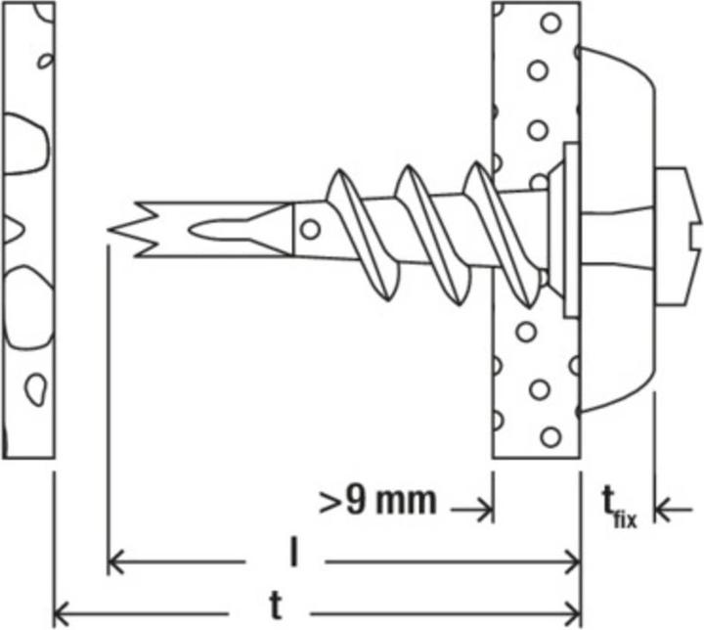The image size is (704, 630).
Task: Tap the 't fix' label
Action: [x=620, y=508]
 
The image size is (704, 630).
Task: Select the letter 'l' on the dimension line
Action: [x=293, y=553]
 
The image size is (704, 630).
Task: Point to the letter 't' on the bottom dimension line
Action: [x=277, y=606]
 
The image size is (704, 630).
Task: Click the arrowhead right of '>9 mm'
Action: [x=486, y=510]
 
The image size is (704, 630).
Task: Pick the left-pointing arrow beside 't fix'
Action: [x=674, y=510]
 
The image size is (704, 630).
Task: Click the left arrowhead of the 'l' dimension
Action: [x=115, y=562]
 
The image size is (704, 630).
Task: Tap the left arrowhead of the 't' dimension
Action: [x=62, y=613]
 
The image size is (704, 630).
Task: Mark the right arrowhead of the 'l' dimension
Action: [x=573, y=562]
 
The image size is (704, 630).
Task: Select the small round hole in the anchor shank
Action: [x=310, y=230]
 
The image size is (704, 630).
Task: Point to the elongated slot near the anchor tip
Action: [x=238, y=230]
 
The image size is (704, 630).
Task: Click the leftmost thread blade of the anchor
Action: [x=363, y=235]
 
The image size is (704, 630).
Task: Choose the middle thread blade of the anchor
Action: [x=433, y=236]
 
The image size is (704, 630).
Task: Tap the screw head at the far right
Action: [x=678, y=237]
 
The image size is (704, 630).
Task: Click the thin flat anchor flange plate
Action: [x=571, y=230]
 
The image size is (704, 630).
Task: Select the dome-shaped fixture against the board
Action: [x=617, y=229]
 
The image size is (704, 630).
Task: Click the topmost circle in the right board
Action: [x=550, y=22]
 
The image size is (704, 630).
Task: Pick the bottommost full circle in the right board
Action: [x=550, y=436]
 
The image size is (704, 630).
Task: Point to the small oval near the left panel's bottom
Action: [x=35, y=389]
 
